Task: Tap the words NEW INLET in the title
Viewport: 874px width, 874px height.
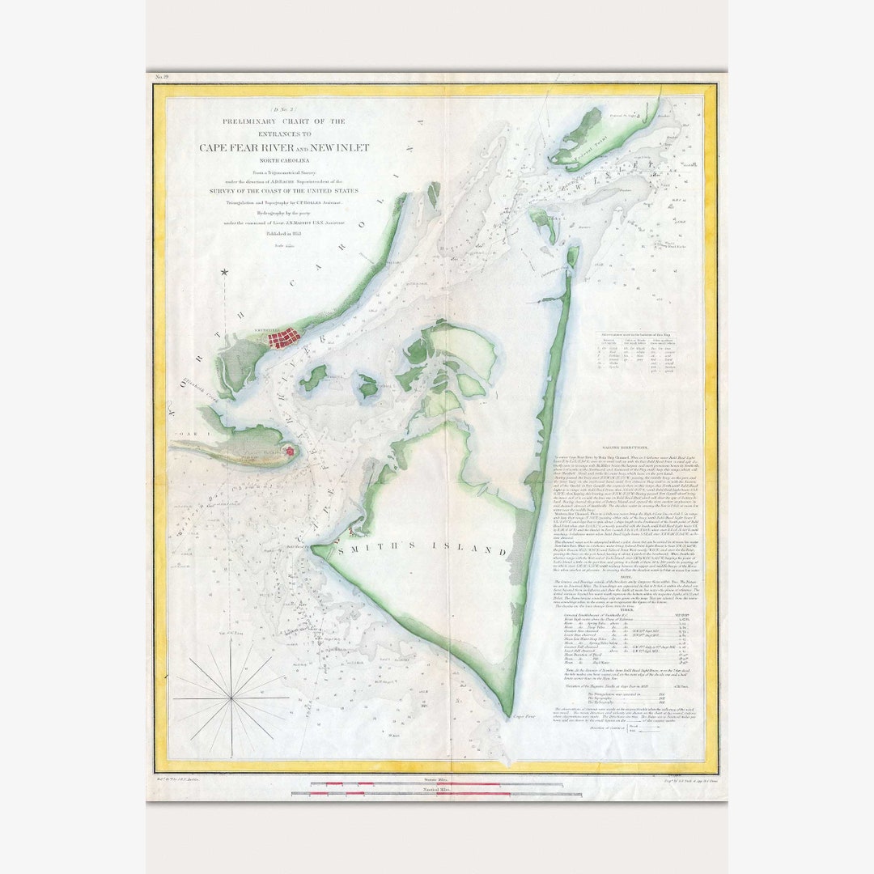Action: click(x=339, y=147)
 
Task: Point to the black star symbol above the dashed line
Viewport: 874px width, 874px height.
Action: click(x=225, y=273)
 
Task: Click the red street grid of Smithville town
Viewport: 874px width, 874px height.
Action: click(x=284, y=337)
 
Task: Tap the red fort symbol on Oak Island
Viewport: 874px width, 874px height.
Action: click(x=288, y=452)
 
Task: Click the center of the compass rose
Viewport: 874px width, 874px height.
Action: click(x=231, y=697)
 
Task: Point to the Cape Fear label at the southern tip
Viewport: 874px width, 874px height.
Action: click(x=520, y=715)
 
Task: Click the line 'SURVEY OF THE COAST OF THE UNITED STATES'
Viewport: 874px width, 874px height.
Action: click(x=284, y=191)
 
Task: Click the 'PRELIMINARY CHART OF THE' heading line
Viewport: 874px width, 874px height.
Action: click(x=284, y=121)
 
